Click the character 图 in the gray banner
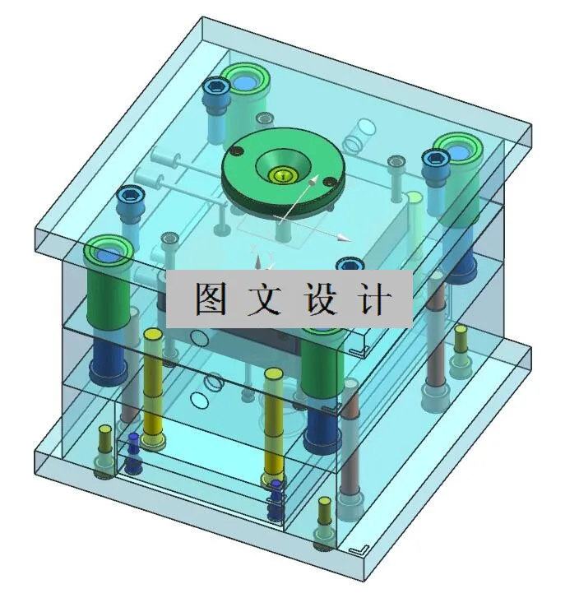pyautogui.click(x=212, y=299)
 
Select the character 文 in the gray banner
pyautogui.click(x=266, y=299)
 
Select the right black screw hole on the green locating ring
pyautogui.click(x=329, y=182)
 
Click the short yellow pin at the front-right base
pyautogui.click(x=323, y=503)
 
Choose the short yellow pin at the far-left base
pyautogui.click(x=104, y=431)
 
